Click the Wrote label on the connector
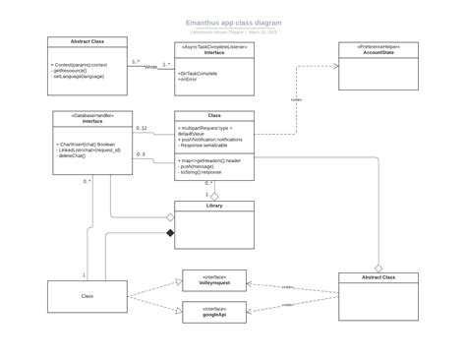pos(150,67)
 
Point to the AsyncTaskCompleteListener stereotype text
pos(214,45)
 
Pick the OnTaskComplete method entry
pos(198,74)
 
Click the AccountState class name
pos(377,53)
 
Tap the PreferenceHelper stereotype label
pos(377,46)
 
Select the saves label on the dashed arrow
pos(296,99)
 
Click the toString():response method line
pos(207,171)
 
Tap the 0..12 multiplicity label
pos(141,128)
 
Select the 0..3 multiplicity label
pos(141,154)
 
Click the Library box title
pos(214,206)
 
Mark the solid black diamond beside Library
pos(169,233)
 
